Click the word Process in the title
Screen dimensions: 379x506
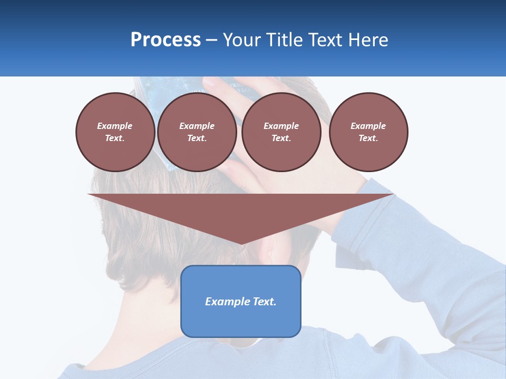click(166, 40)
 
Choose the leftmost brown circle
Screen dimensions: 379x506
click(115, 132)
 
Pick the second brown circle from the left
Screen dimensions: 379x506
click(197, 132)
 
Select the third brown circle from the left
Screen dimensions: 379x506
click(281, 132)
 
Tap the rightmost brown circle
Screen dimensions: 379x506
click(368, 132)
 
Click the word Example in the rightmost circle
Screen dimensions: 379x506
click(368, 126)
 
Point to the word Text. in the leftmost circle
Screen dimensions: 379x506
click(115, 138)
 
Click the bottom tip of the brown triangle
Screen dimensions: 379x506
click(241, 243)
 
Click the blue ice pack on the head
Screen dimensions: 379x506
click(221, 87)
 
